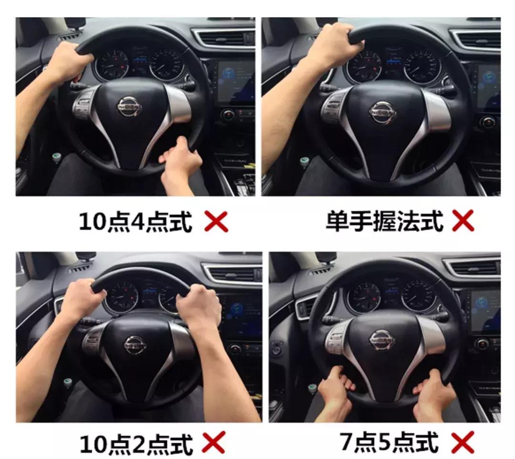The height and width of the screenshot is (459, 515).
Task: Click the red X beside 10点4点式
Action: click(x=216, y=221)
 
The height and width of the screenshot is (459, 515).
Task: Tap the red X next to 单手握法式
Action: click(x=462, y=221)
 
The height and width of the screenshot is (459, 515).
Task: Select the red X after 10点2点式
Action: click(x=213, y=443)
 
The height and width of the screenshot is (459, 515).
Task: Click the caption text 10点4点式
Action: click(x=135, y=222)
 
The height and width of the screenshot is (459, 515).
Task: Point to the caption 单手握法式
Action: click(x=384, y=221)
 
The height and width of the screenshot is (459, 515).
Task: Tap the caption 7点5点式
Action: click(x=389, y=442)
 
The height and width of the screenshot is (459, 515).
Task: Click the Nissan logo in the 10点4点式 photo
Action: click(x=130, y=106)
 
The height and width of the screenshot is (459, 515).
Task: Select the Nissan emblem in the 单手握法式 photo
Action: click(x=382, y=112)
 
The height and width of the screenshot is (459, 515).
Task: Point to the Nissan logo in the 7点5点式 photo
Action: click(x=382, y=339)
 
